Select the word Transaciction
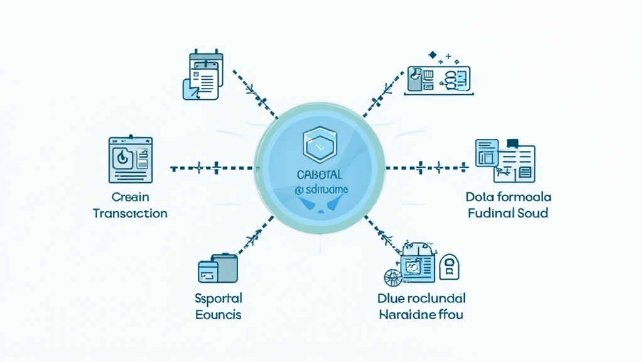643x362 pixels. tap(130, 213)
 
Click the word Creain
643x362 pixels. tap(130, 196)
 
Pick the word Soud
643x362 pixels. tap(533, 213)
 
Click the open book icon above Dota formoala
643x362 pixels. tap(505, 156)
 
